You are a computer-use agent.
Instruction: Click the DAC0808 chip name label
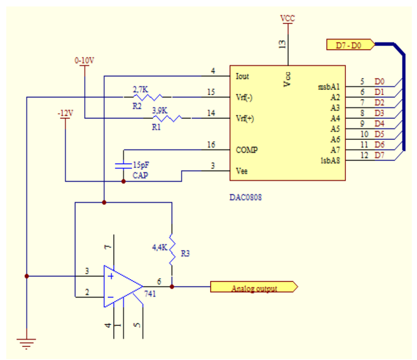245,198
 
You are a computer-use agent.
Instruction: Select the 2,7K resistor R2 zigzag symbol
147,97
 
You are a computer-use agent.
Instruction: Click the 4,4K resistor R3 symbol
172,250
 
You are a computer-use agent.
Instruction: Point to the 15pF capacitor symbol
124,165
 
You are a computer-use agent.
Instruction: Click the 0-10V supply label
84,61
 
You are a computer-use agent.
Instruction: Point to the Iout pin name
242,77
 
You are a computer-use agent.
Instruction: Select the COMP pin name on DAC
247,150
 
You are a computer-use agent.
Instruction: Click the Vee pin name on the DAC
241,171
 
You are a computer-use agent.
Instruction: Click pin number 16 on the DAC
211,145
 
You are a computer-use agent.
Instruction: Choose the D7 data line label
379,155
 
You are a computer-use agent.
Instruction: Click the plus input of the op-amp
111,276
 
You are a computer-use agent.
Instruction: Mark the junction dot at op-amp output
172,286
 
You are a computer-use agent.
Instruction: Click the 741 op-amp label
151,294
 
